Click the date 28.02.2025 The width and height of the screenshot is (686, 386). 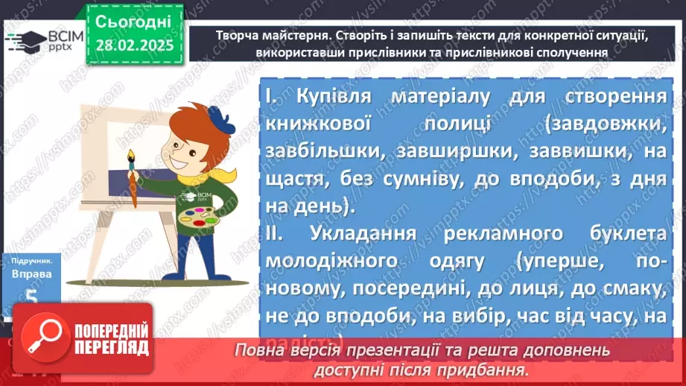(133, 46)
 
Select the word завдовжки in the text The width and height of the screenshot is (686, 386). (607, 123)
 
